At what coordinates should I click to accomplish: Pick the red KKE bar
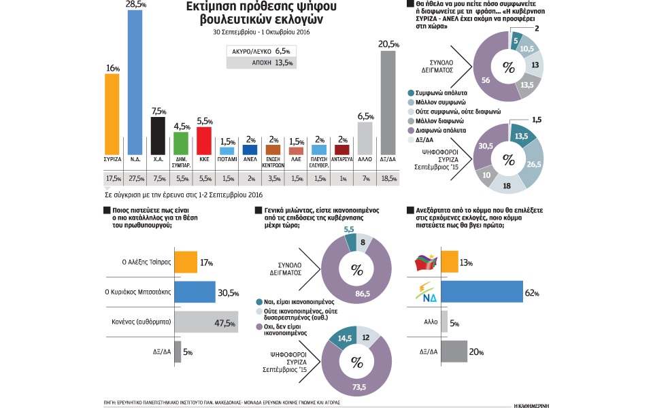pyautogui.click(x=203, y=141)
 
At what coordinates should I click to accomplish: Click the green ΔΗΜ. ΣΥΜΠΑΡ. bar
pyautogui.click(x=181, y=143)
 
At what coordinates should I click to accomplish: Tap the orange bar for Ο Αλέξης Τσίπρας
pyautogui.click(x=186, y=262)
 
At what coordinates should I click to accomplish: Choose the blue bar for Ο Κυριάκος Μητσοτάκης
pyautogui.click(x=195, y=292)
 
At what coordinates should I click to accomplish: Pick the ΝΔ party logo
pyautogui.click(x=426, y=293)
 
